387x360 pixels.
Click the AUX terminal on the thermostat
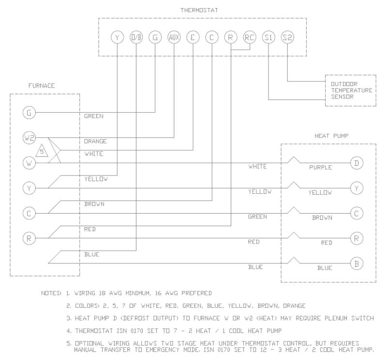point(174,37)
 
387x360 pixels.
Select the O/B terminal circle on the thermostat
point(136,37)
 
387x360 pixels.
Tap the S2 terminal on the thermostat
point(287,37)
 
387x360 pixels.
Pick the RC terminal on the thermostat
point(249,37)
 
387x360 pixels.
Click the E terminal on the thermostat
point(193,37)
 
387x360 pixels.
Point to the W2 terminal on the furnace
point(29,138)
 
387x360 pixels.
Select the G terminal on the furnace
point(29,113)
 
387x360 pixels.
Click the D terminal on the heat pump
point(357,163)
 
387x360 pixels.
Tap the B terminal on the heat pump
point(357,263)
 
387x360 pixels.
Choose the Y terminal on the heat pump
point(357,188)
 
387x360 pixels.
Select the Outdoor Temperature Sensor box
point(350,90)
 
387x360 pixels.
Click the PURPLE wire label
point(321,168)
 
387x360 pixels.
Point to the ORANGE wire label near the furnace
point(95,142)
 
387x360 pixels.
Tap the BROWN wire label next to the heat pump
point(322,218)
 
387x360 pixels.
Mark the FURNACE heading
point(41,86)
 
